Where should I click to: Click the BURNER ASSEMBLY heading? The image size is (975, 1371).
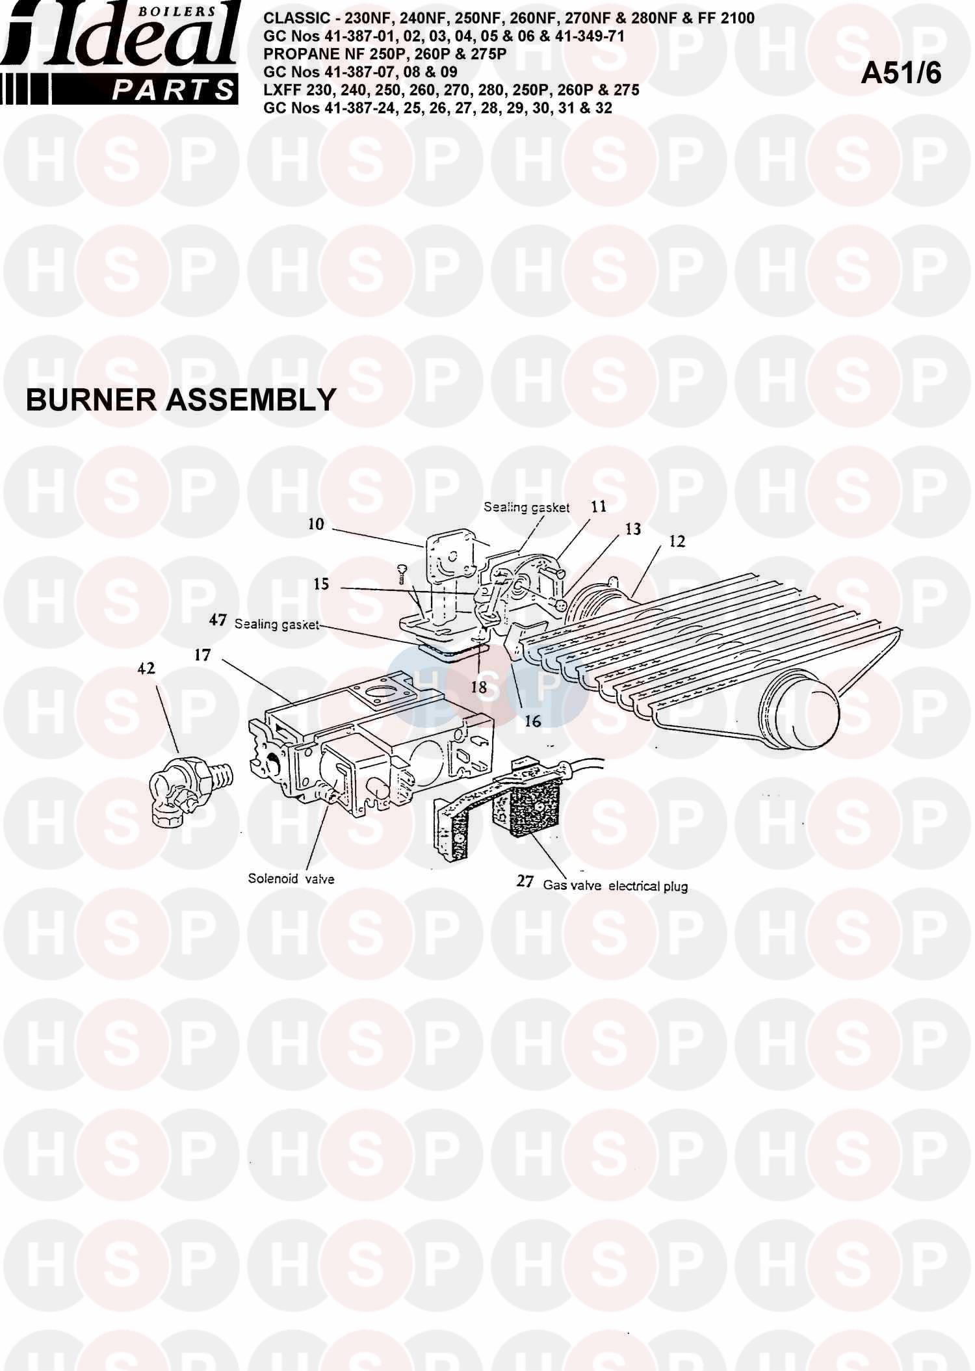click(180, 400)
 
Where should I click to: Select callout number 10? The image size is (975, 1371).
click(316, 524)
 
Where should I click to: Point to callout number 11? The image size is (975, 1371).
click(598, 506)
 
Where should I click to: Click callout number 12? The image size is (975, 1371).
click(677, 542)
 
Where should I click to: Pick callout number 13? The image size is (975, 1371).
click(632, 529)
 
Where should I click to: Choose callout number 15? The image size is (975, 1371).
click(321, 584)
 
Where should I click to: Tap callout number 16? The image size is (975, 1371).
click(532, 720)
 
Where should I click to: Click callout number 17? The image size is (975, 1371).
click(203, 655)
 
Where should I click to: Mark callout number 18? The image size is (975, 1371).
click(479, 687)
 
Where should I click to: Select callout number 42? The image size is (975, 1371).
click(146, 668)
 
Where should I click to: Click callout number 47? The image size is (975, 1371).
click(218, 620)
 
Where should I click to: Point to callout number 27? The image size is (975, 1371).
click(525, 881)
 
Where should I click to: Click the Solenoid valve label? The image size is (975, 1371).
click(291, 879)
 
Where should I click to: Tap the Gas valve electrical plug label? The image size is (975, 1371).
click(615, 885)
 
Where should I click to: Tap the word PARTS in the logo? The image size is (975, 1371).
click(172, 90)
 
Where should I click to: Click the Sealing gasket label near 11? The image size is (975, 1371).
click(526, 508)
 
